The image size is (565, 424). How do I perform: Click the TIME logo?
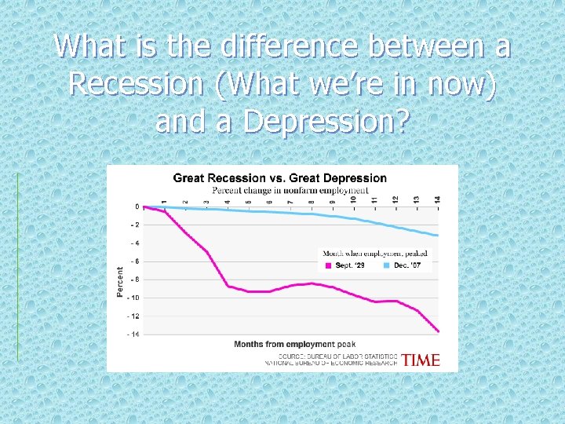421,360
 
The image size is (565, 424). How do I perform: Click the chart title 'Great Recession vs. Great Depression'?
279,178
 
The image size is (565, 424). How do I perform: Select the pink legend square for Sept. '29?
328,266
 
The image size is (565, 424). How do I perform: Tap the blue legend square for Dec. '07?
386,266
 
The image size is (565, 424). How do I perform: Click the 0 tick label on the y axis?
137,207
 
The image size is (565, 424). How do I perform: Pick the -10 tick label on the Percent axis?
133,298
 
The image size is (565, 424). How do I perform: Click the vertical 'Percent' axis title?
120,280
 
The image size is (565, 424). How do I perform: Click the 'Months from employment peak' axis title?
294,344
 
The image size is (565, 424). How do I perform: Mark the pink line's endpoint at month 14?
438,331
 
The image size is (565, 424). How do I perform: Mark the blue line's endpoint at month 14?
438,236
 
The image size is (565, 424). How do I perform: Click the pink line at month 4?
228,285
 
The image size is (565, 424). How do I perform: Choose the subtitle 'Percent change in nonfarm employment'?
290,190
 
